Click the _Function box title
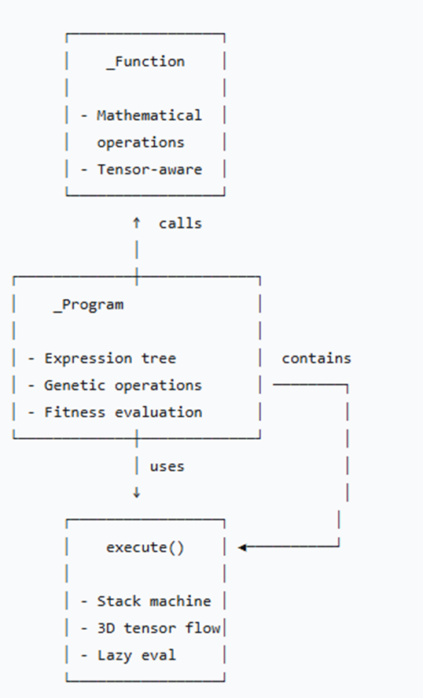pyautogui.click(x=145, y=61)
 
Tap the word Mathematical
pyautogui.click(x=149, y=115)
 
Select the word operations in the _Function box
pyautogui.click(x=141, y=142)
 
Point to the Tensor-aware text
pyautogui.click(x=149, y=169)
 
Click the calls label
pyautogui.click(x=180, y=223)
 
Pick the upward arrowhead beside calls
pyautogui.click(x=136, y=222)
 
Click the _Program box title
pyautogui.click(x=88, y=305)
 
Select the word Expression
pyautogui.click(x=88, y=358)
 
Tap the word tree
pyautogui.click(x=159, y=358)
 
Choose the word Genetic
pyautogui.click(x=75, y=385)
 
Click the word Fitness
pyautogui.click(x=75, y=411)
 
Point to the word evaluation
pyautogui.click(x=158, y=411)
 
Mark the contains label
pyautogui.click(x=317, y=358)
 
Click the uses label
pyautogui.click(x=167, y=466)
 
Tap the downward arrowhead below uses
pyautogui.click(x=136, y=492)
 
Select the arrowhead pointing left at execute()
pyautogui.click(x=242, y=547)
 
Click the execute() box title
pyautogui.click(x=145, y=547)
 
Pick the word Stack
pyautogui.click(x=119, y=601)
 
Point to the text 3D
pyautogui.click(x=105, y=628)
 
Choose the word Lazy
pyautogui.click(x=115, y=655)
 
